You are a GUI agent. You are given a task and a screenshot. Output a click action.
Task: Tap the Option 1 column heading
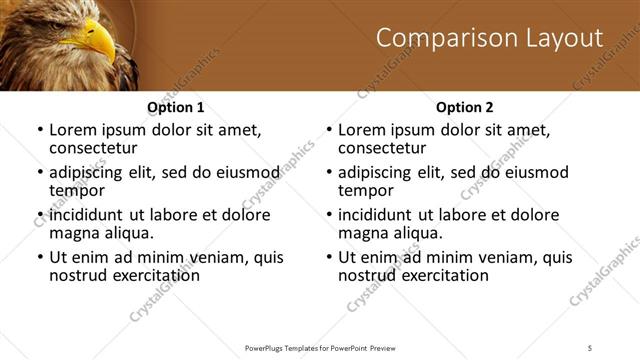(x=176, y=107)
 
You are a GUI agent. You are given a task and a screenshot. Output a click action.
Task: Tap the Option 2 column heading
(x=465, y=107)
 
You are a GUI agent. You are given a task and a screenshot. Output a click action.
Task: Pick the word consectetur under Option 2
(x=384, y=148)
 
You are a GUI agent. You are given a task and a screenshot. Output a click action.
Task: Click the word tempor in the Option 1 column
(x=76, y=190)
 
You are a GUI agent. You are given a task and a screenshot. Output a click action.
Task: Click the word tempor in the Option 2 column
(x=365, y=190)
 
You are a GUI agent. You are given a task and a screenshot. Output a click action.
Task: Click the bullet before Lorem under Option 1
(x=40, y=131)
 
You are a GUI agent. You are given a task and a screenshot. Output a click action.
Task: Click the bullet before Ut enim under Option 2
(x=329, y=257)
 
